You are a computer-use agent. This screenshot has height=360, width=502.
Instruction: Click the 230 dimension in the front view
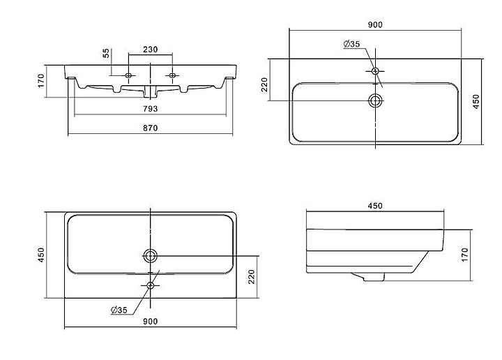pyautogui.click(x=150, y=50)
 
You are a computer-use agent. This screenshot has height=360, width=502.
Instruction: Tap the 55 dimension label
pyautogui.click(x=106, y=53)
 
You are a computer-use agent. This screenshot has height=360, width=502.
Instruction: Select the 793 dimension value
pyautogui.click(x=150, y=109)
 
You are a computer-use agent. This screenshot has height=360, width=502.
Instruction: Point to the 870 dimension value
pyautogui.click(x=150, y=128)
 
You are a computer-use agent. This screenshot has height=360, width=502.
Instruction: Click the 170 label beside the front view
pyautogui.click(x=41, y=81)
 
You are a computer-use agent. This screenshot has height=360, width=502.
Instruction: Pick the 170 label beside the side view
pyautogui.click(x=465, y=255)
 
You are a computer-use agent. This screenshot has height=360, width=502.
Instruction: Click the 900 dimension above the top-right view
pyautogui.click(x=375, y=24)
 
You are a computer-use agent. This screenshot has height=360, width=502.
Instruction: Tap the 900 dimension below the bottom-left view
pyautogui.click(x=150, y=321)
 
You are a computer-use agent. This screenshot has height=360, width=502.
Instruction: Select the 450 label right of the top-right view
pyautogui.click(x=476, y=102)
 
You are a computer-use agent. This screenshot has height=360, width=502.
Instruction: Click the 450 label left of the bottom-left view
pyautogui.click(x=41, y=255)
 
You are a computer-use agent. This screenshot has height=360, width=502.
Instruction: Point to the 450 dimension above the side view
pyautogui.click(x=375, y=206)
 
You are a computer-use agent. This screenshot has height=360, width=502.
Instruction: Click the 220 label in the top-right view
pyautogui.click(x=264, y=84)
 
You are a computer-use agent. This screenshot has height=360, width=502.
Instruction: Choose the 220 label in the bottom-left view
pyautogui.click(x=252, y=277)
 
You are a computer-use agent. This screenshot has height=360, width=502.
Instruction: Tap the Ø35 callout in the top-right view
pyautogui.click(x=351, y=44)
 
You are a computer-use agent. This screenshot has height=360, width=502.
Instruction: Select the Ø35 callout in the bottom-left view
pyautogui.click(x=119, y=310)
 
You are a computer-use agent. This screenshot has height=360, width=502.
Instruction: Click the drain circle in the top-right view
pyautogui.click(x=375, y=101)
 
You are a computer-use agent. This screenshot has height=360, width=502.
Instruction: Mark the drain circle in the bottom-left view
pyautogui.click(x=150, y=256)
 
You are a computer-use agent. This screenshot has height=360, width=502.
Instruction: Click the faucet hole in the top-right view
pyautogui.click(x=375, y=70)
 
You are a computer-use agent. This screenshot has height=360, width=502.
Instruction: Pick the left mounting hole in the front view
pyautogui.click(x=128, y=75)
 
